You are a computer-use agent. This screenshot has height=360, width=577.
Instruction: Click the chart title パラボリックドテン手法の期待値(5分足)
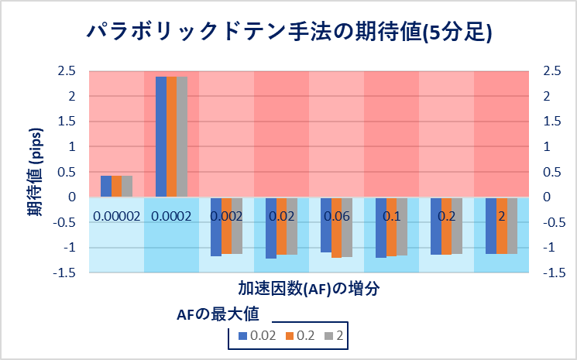click(x=288, y=32)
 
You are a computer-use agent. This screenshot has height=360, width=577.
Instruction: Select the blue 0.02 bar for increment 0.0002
click(x=160, y=136)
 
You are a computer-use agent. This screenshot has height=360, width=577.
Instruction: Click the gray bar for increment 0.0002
click(x=182, y=136)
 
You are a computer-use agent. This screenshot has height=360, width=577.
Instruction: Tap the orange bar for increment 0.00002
click(x=117, y=186)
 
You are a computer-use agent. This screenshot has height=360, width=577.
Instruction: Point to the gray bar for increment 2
click(x=512, y=225)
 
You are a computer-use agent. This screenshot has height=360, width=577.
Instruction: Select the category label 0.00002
click(x=116, y=216)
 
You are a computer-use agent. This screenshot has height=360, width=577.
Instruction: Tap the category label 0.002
click(x=226, y=216)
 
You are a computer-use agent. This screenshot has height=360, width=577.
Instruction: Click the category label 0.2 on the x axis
click(x=446, y=216)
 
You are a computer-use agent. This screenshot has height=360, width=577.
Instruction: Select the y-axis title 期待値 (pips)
click(x=36, y=170)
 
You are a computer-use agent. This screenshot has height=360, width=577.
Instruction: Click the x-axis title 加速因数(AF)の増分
click(x=308, y=287)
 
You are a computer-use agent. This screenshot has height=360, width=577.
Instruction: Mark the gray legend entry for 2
click(x=335, y=337)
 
